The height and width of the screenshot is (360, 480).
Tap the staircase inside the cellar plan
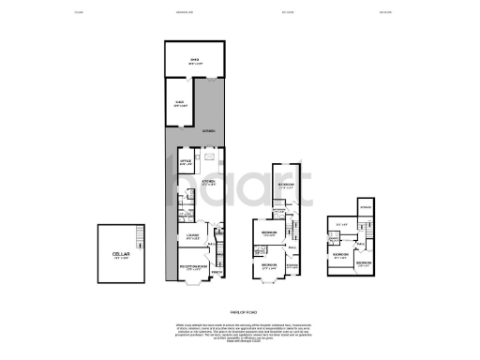[140, 233]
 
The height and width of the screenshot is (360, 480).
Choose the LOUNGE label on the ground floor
[192, 235]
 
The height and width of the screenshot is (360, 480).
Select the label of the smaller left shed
[179, 105]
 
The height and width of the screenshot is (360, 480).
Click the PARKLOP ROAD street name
[243, 310]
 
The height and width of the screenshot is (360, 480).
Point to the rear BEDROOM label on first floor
[287, 185]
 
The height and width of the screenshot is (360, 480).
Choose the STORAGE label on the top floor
[366, 206]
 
